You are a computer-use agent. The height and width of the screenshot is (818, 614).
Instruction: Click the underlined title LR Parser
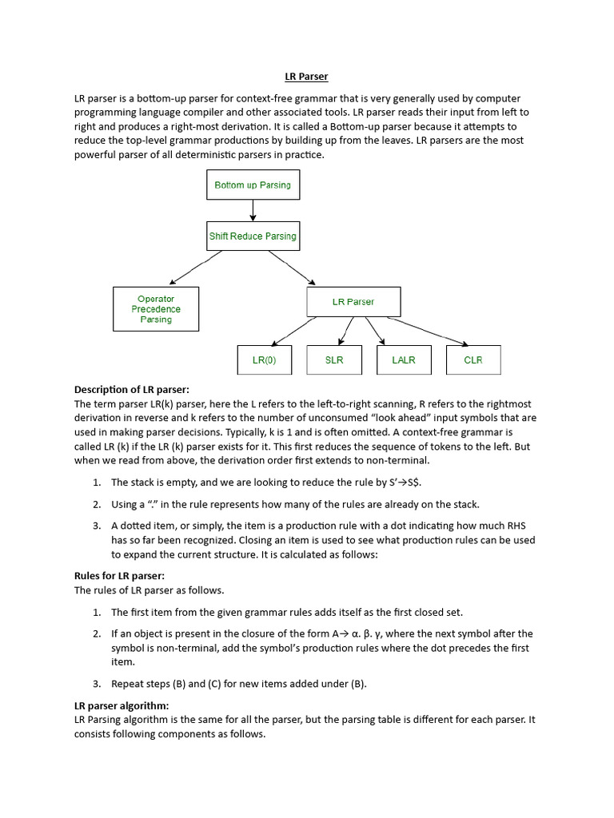point(306,77)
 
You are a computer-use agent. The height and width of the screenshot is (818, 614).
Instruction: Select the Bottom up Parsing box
point(253,185)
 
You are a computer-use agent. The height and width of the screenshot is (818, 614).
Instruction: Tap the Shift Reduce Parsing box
point(253,236)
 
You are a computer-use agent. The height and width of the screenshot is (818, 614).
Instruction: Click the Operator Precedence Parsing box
point(156,309)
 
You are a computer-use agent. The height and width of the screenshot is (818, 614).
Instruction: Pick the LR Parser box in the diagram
point(353,301)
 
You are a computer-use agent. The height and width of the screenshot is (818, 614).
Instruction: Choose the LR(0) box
point(264,360)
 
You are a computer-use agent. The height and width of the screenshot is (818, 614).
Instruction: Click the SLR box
point(334,360)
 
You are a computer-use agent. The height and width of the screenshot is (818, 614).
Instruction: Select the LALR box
point(404,360)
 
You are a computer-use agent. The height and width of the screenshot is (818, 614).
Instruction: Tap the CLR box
point(473,360)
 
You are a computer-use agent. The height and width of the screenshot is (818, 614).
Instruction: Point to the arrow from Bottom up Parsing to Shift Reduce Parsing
point(253,210)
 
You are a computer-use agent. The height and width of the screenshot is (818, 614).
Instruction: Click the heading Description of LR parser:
point(132,390)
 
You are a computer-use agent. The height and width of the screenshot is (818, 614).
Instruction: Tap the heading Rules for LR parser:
point(119,576)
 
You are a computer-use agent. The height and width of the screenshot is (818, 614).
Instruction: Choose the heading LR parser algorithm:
point(122,706)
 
